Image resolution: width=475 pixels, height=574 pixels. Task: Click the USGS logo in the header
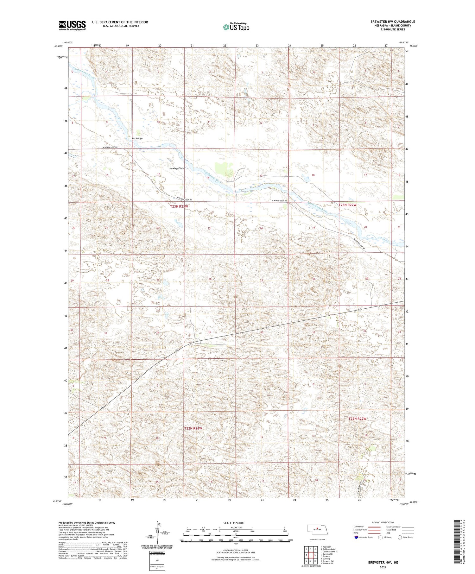(72, 25)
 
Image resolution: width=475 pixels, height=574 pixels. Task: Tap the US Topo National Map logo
(236, 27)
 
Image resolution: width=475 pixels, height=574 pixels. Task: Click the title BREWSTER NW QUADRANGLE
(392, 22)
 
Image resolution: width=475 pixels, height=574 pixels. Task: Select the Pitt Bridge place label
(137, 139)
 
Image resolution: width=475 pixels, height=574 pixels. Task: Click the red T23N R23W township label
(179, 206)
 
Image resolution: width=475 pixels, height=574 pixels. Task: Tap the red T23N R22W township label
(347, 205)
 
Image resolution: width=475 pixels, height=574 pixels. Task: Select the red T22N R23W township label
(193, 428)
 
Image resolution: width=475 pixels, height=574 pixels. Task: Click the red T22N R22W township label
(357, 419)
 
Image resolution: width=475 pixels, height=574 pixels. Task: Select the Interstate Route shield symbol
(356, 537)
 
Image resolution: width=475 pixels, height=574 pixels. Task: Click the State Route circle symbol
(400, 537)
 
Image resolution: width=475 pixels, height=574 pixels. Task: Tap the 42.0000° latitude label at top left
(59, 46)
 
